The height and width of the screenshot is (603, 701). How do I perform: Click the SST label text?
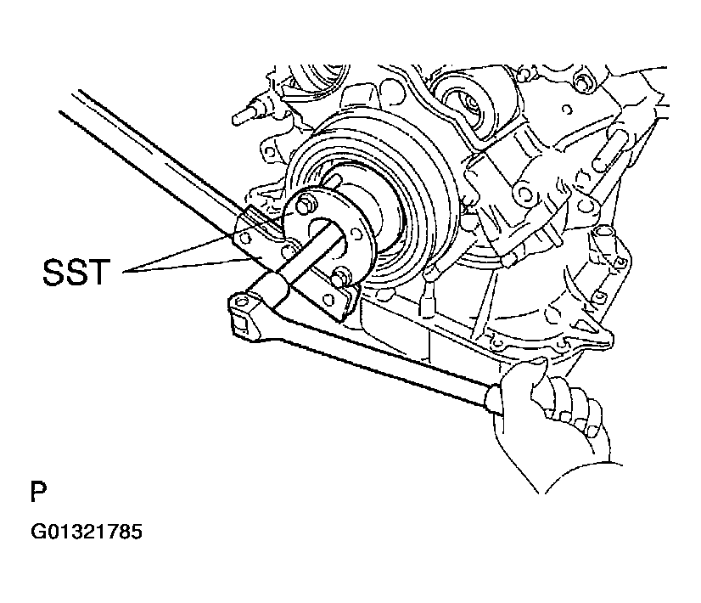(x=76, y=273)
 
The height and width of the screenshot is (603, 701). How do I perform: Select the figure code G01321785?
(x=87, y=533)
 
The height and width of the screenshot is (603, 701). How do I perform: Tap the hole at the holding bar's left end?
(x=246, y=240)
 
